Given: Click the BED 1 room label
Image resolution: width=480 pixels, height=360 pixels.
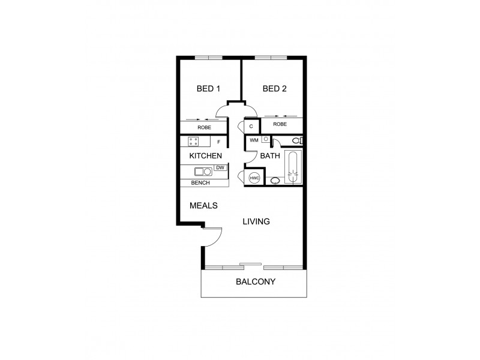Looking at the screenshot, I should (209, 89).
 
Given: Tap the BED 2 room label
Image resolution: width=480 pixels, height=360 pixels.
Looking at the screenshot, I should (275, 89).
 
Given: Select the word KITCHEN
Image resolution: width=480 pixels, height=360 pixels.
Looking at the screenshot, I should (206, 156).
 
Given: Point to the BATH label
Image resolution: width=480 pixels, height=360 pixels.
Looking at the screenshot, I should (269, 156).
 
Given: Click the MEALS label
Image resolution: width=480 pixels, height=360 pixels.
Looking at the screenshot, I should (203, 205).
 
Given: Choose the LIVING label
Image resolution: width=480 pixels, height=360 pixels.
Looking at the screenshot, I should (256, 221).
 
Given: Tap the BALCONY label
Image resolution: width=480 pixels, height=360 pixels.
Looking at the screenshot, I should (256, 282).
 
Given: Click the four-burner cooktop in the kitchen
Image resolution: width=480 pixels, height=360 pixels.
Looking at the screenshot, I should (194, 142).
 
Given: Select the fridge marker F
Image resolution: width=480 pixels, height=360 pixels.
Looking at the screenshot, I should (218, 142).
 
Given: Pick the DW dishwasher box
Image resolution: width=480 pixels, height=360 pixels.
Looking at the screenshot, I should (220, 167).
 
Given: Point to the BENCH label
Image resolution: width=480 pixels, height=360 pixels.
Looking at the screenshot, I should (200, 182).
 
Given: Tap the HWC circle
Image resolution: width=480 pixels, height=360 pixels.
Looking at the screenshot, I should (254, 179).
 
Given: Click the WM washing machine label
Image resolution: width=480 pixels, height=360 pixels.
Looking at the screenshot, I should (253, 140).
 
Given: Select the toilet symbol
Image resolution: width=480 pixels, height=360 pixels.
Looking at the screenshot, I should (295, 140).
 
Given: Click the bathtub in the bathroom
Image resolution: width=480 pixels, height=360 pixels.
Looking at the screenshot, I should (293, 167).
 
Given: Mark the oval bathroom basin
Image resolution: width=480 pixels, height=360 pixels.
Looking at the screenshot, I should (275, 180).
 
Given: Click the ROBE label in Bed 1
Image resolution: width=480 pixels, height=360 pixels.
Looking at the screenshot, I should (204, 127).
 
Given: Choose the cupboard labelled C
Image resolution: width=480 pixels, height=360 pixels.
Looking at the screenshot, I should (251, 126).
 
